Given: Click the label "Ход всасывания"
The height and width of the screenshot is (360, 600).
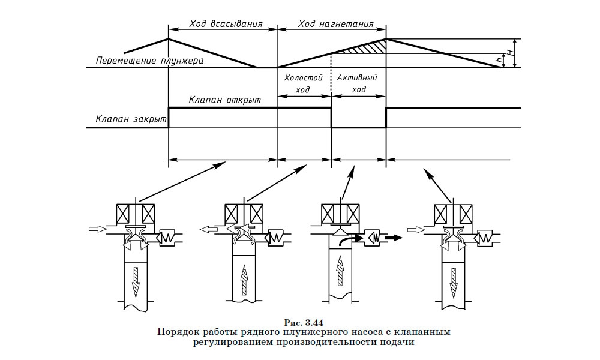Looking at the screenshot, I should (225, 25).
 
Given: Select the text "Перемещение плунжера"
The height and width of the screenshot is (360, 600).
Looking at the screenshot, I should (150, 61).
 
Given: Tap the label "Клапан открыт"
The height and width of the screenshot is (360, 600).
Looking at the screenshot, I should (225, 100).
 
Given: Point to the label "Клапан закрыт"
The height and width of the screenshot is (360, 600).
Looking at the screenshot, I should (130, 119).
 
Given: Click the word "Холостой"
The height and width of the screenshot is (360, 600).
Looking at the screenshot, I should (303, 78).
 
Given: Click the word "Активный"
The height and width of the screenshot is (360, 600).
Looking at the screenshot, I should (359, 78).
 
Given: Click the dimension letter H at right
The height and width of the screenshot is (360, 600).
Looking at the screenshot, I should (511, 53).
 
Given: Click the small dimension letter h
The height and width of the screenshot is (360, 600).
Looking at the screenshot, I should (500, 60).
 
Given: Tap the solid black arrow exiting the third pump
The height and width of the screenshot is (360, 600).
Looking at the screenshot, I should (392, 238).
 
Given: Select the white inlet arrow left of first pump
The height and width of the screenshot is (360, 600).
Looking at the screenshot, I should (95, 229).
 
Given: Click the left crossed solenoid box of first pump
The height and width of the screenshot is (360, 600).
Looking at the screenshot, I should (125, 214).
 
